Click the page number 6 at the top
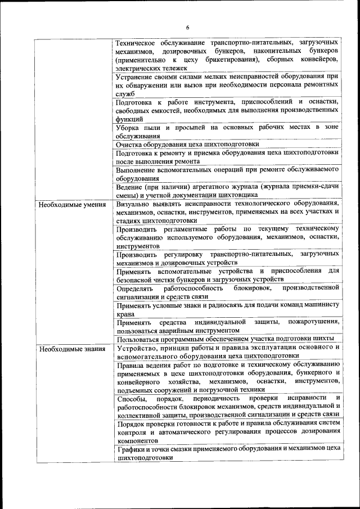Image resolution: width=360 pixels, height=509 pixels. pyautogui.click(x=188, y=28)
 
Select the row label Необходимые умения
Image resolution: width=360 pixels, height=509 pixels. pyautogui.click(x=73, y=204)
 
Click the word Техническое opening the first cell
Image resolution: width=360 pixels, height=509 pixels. pyautogui.click(x=136, y=43)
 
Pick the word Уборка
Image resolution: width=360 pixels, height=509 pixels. pyautogui.click(x=127, y=128)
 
